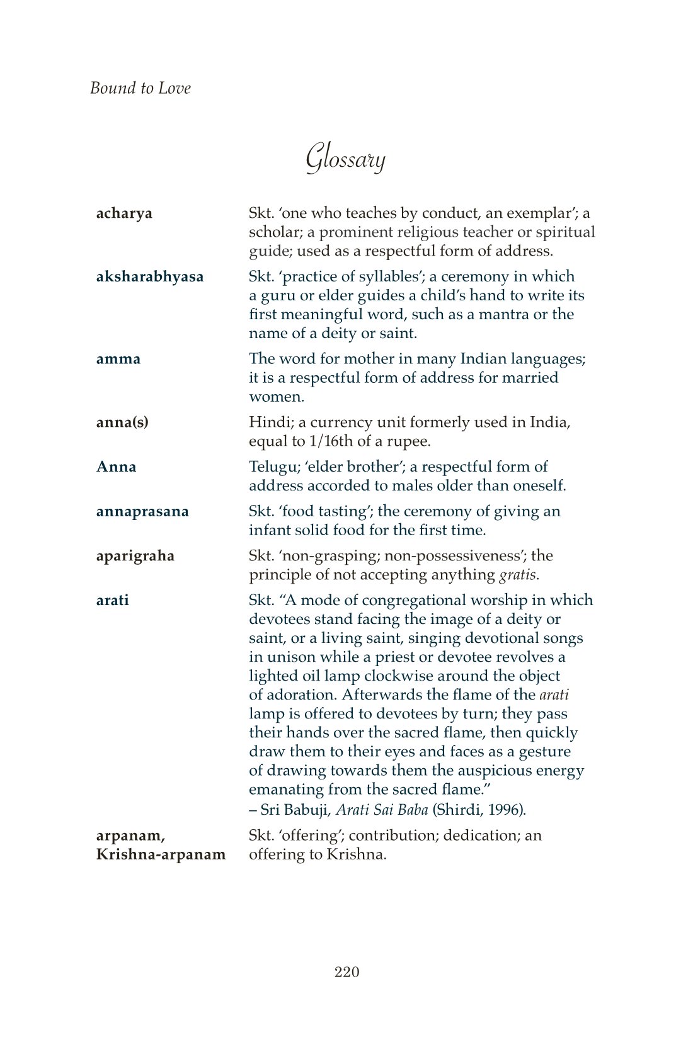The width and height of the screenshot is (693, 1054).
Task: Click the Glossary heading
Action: click(345, 157)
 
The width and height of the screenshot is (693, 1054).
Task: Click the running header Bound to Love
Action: click(140, 88)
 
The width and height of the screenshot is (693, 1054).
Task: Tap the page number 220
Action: click(346, 972)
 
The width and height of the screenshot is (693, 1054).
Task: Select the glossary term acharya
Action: click(124, 213)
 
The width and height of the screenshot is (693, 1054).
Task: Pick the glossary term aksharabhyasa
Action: click(150, 277)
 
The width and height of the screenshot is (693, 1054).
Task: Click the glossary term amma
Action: click(118, 359)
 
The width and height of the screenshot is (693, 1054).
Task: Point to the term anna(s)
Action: click(122, 422)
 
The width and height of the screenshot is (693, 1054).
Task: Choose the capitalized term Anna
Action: click(116, 467)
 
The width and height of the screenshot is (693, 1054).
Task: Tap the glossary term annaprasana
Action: click(142, 511)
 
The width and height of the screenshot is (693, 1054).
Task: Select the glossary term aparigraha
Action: click(135, 556)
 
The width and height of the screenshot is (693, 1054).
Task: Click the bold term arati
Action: click(112, 600)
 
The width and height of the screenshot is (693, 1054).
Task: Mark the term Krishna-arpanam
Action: click(161, 854)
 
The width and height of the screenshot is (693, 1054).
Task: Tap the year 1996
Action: click(508, 810)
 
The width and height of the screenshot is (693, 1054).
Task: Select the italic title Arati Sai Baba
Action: click(382, 810)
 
